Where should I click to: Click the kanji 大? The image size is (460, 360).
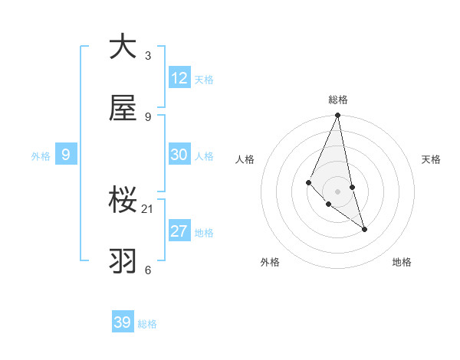(123, 47)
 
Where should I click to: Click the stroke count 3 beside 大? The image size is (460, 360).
(148, 56)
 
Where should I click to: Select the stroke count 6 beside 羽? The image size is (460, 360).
(148, 270)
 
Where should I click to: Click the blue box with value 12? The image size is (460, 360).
(179, 78)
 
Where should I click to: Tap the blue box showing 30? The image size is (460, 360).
(179, 155)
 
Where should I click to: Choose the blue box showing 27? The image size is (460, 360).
(179, 231)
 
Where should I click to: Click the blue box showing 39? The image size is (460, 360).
(123, 322)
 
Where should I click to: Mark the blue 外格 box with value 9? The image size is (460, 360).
(66, 155)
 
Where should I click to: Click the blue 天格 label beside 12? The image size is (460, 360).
(204, 80)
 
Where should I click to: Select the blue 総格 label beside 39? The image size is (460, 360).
(147, 324)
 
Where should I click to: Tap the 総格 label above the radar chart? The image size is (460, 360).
(337, 100)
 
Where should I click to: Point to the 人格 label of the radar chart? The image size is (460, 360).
(245, 159)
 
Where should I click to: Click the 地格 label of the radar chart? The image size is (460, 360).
(402, 262)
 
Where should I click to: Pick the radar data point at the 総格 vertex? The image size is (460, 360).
(337, 116)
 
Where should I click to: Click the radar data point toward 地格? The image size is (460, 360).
(364, 229)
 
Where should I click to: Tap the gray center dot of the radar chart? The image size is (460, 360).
(337, 191)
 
